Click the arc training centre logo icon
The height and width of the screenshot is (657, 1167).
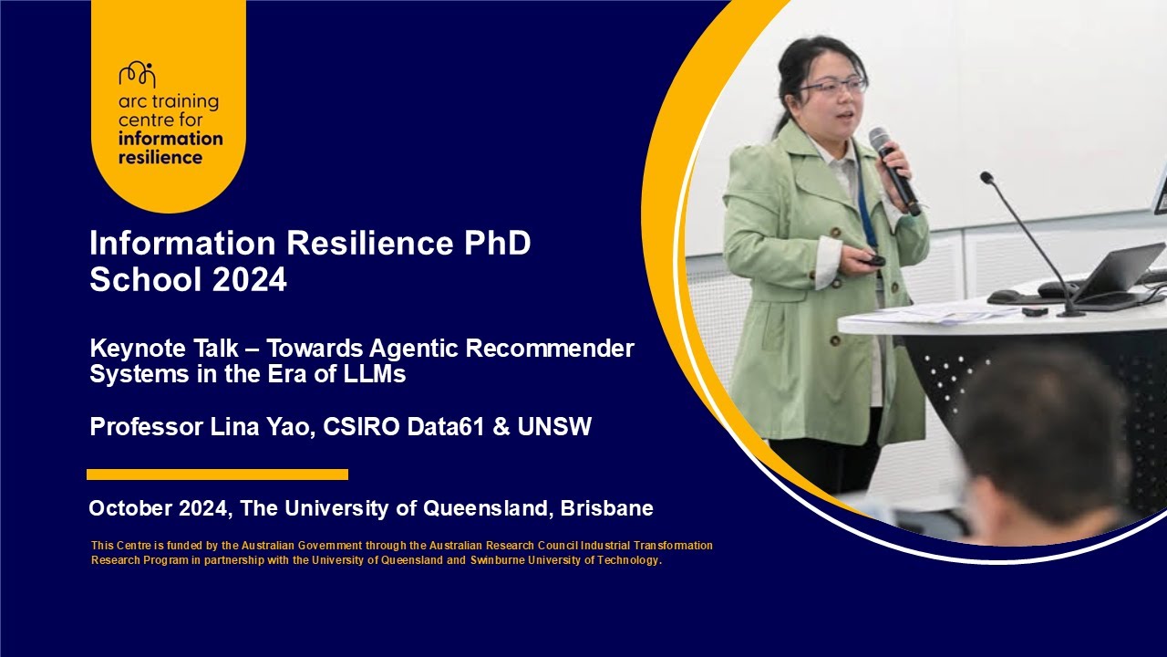point(137,75)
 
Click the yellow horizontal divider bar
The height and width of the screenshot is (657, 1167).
point(217,474)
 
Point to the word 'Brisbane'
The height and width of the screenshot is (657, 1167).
point(607,508)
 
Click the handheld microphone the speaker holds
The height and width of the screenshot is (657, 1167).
point(893,170)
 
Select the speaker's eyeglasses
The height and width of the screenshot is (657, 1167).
point(834,87)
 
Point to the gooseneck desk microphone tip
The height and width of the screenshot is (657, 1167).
point(986,176)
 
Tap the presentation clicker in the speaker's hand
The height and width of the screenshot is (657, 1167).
point(873,260)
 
